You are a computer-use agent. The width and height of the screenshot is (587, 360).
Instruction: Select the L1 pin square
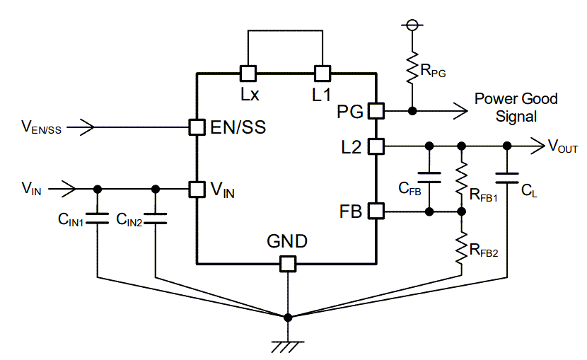point(322,73)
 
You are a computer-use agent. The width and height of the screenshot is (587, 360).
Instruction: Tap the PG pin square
point(376,111)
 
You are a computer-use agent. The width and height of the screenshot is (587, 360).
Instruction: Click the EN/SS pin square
point(196,127)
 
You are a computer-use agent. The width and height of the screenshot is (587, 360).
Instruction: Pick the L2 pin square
point(376,146)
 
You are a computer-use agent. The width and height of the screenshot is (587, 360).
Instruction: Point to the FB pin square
point(376,211)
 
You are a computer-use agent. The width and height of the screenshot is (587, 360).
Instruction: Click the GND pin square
point(287,264)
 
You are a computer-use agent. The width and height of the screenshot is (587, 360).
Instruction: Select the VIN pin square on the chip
point(196,189)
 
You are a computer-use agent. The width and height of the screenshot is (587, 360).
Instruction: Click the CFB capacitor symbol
point(429,177)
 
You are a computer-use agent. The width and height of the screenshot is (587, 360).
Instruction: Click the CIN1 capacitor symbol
point(98,217)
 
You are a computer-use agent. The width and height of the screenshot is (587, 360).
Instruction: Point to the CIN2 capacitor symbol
point(156,217)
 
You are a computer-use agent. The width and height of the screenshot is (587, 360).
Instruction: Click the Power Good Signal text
point(516,108)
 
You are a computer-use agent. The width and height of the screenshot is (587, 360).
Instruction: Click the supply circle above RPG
point(412,25)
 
